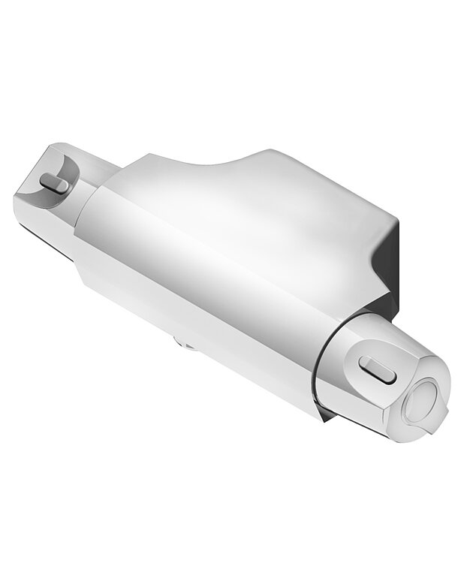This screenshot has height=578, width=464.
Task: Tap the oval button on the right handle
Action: point(378,368)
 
